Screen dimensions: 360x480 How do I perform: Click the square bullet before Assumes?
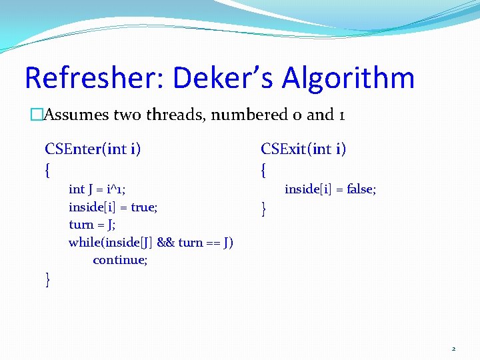[36, 115]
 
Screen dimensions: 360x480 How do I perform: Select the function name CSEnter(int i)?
[93, 149]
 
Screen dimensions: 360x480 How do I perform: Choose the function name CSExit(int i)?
[303, 149]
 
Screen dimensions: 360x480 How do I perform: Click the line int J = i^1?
[97, 189]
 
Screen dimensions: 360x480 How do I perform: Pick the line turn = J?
[93, 224]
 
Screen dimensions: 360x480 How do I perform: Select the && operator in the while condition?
[167, 242]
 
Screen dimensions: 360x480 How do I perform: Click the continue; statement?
[120, 259]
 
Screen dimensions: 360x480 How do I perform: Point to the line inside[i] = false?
[330, 189]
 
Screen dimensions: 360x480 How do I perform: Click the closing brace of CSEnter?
[47, 280]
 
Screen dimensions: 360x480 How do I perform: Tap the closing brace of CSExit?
[264, 209]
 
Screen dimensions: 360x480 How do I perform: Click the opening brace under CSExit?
[264, 171]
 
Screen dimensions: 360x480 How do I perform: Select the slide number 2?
[454, 348]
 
